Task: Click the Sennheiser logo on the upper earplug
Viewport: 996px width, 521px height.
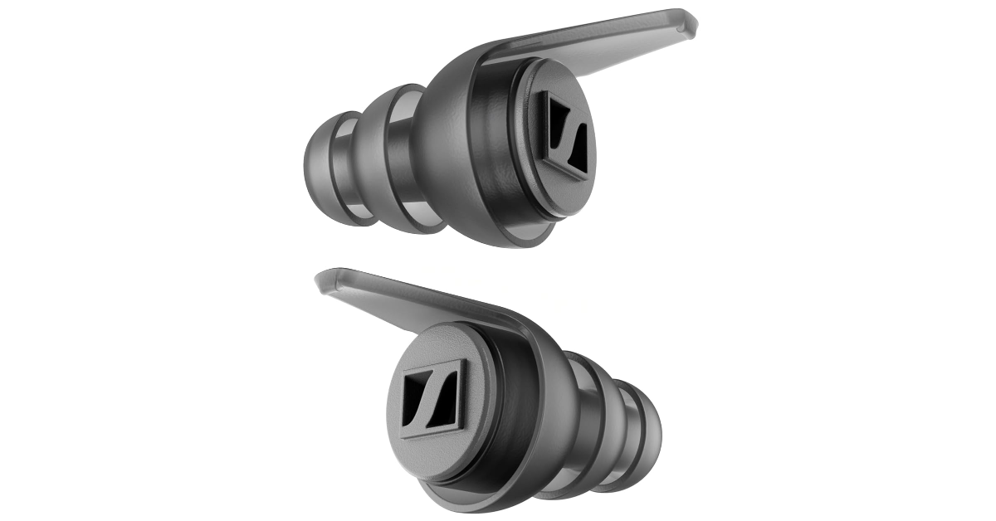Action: [x=566, y=135]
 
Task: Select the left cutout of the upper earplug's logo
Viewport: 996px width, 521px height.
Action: [x=554, y=125]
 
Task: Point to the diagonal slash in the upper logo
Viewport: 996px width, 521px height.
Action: [x=566, y=136]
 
